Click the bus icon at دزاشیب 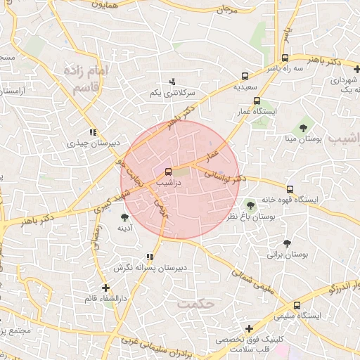168,172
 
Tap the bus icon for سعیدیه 245,76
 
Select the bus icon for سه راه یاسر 285,59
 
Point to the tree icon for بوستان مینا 303,127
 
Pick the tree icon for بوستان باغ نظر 250,206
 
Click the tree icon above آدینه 125,217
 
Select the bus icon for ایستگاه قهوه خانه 290,189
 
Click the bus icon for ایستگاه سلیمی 297,306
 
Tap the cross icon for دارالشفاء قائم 105,288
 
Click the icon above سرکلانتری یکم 172,82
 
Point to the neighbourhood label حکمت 195,304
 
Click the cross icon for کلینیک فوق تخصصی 249,328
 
